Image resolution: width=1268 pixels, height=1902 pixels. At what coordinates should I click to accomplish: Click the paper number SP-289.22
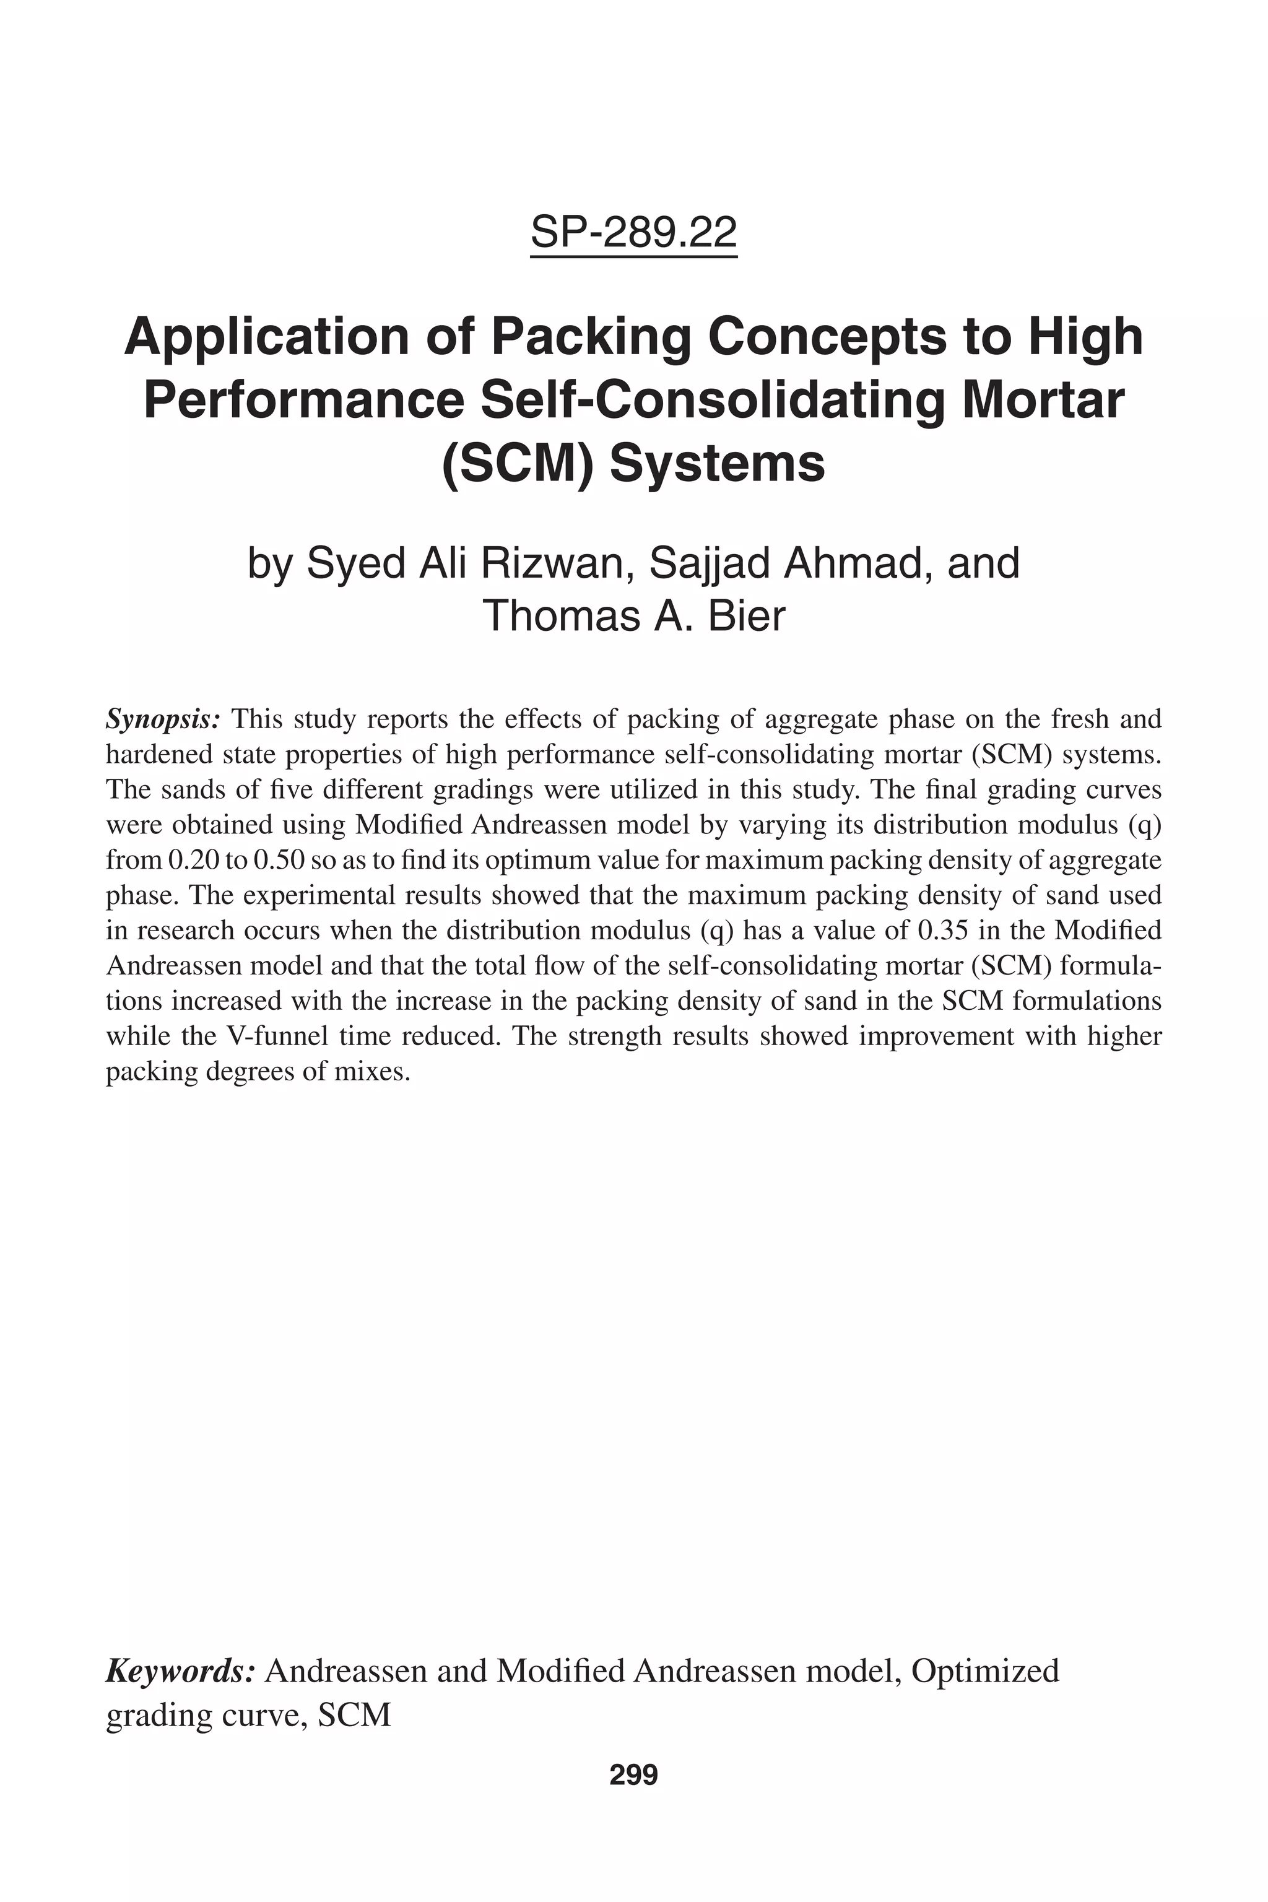coord(633,233)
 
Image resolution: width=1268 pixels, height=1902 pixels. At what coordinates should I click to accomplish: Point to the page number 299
coord(633,1775)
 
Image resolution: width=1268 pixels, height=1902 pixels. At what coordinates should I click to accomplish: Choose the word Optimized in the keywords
coord(985,1670)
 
